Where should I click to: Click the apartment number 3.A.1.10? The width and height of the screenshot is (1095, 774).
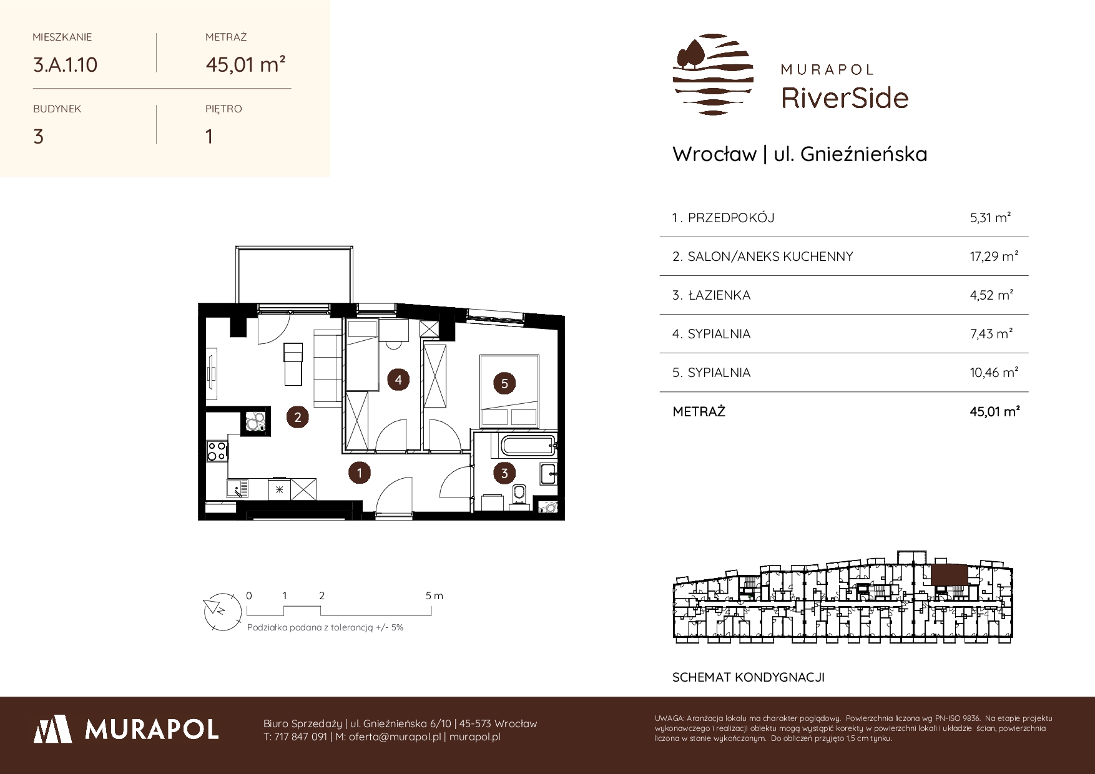[65, 64]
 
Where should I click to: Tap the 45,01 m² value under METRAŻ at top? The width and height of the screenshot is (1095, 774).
[246, 64]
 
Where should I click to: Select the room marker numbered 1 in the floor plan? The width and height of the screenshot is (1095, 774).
[360, 473]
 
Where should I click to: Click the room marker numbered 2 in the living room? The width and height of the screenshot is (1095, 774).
[297, 417]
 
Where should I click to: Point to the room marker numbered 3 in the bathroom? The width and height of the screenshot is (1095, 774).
[504, 473]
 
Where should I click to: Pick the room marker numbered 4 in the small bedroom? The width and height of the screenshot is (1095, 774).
[398, 379]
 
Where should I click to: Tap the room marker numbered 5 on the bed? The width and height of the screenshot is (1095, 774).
[504, 383]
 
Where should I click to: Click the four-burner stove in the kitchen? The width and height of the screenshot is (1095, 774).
[217, 451]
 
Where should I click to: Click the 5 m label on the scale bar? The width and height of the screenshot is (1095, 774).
[435, 595]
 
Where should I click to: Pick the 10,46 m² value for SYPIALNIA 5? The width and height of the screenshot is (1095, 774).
[994, 373]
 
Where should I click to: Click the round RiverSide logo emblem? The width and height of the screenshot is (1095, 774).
[713, 74]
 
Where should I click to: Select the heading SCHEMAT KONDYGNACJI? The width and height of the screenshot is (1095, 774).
[748, 677]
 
